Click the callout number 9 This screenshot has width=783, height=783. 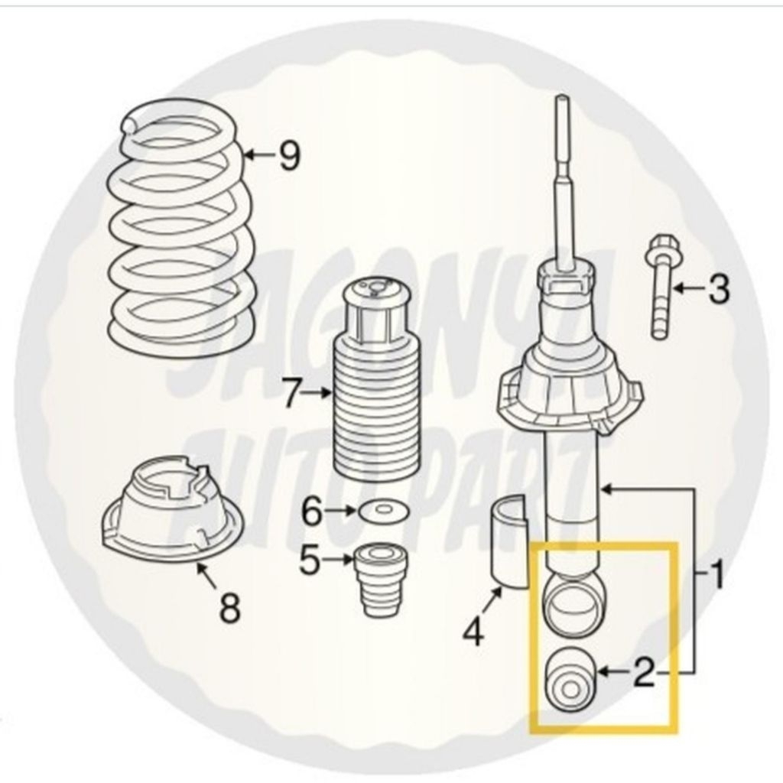click(x=289, y=157)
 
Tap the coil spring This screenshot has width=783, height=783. click(x=180, y=229)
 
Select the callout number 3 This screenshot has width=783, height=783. click(x=718, y=290)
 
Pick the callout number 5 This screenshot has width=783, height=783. click(x=310, y=561)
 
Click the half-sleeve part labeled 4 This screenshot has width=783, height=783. click(x=507, y=543)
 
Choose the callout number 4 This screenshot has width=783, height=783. click(x=474, y=632)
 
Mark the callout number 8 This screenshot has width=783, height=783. click(x=229, y=609)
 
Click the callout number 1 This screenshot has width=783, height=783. click(x=716, y=575)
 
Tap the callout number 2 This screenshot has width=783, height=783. click(x=643, y=673)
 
